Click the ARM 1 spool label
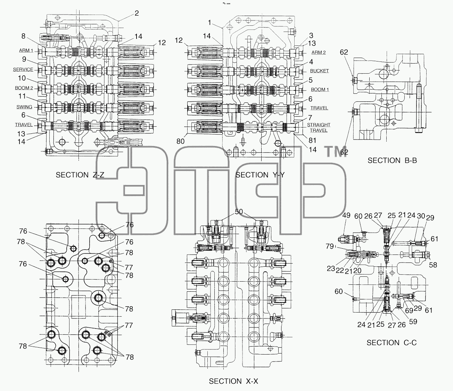26,50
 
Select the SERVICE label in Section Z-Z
23,69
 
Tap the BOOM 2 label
24,88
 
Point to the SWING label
24,107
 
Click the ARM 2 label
319,52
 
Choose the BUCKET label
319,71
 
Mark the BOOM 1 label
320,89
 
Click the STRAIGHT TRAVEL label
319,127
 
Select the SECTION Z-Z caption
80,175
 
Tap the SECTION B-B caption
392,160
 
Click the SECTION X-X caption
233,381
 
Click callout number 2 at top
137,13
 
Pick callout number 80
180,141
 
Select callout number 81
313,140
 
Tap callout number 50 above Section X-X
239,211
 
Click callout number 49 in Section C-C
346,215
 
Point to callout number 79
329,246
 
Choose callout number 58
433,265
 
